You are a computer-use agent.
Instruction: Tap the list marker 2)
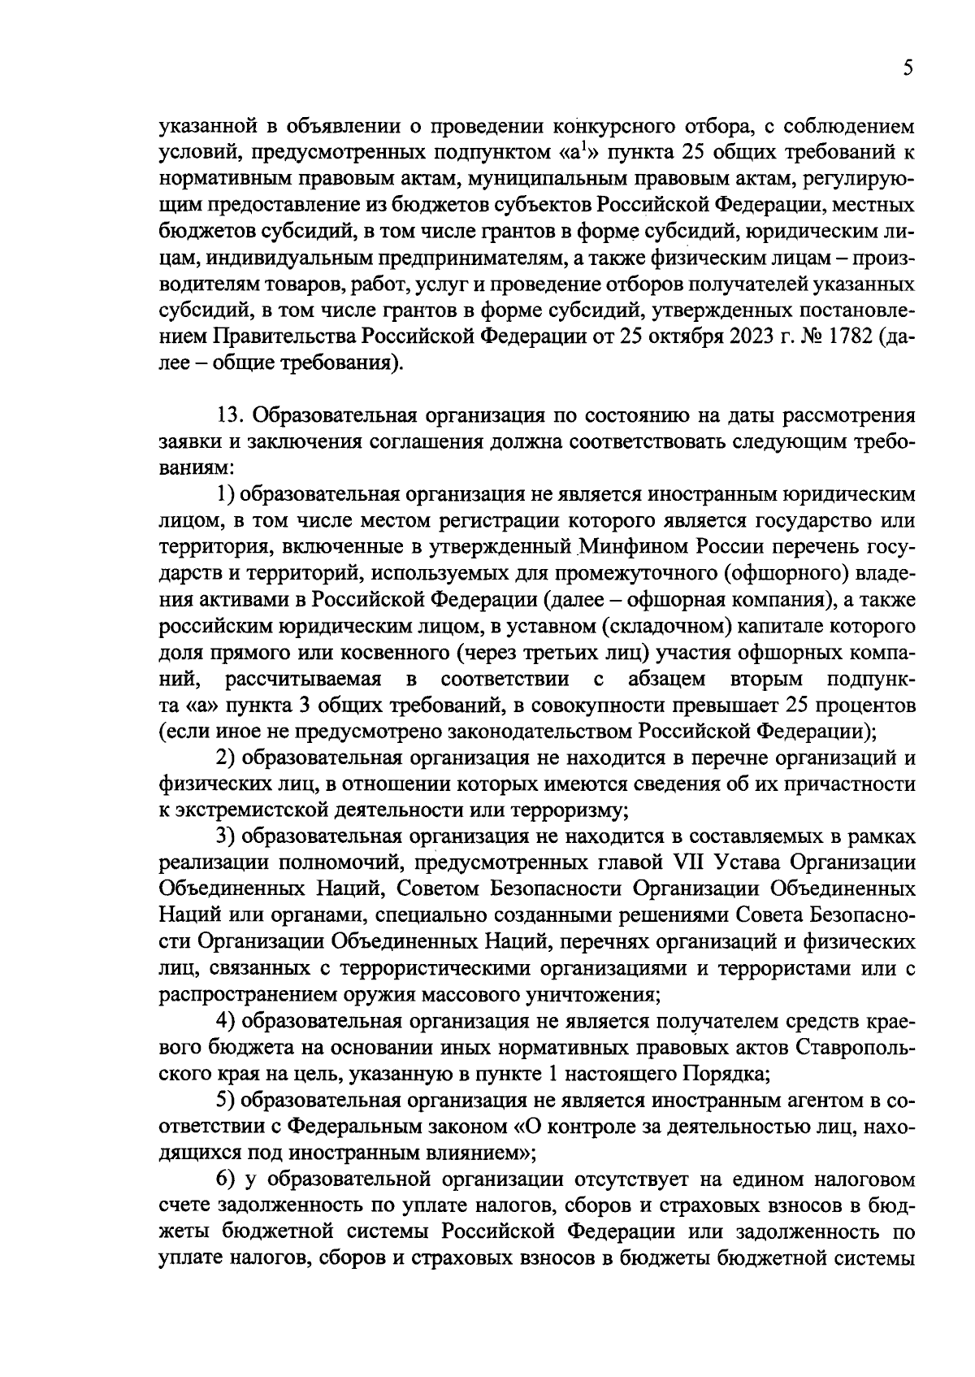226,758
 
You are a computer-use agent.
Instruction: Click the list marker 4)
226,1021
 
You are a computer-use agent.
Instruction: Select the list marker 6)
226,1179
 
